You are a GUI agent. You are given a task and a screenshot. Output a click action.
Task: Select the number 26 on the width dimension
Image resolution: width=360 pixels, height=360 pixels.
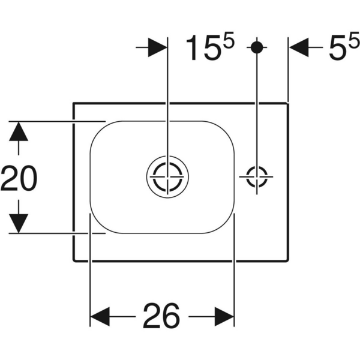pyautogui.click(x=161, y=316)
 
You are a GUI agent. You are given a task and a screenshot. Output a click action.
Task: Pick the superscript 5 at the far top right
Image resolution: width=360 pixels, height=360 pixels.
pyautogui.click(x=354, y=42)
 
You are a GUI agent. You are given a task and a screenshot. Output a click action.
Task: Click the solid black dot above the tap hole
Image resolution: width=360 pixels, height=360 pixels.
pyautogui.click(x=257, y=47)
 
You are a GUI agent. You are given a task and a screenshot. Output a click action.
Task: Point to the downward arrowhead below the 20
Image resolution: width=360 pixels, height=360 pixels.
pyautogui.click(x=19, y=223)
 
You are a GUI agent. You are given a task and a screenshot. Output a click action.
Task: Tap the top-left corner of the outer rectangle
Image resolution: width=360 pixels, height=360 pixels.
pyautogui.click(x=73, y=103)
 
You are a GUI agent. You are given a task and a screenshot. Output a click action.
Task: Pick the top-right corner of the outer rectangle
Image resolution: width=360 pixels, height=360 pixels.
pyautogui.click(x=289, y=103)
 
